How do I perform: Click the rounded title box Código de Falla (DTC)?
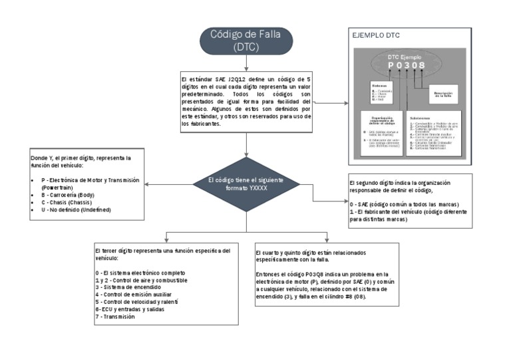246,41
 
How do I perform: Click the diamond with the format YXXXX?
246,183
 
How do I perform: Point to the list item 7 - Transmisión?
115,316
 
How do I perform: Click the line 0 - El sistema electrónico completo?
140,273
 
